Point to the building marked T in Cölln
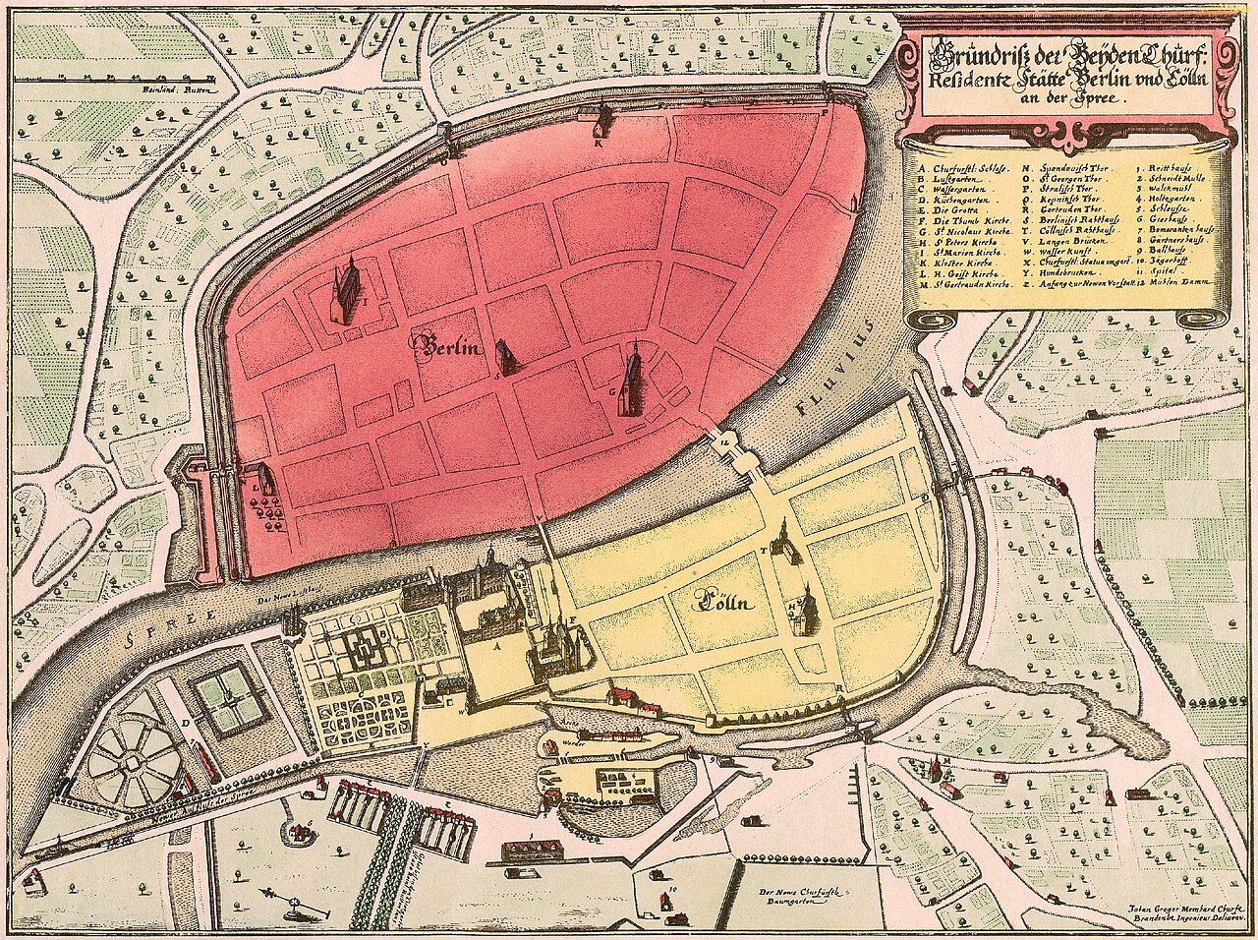(x=783, y=546)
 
